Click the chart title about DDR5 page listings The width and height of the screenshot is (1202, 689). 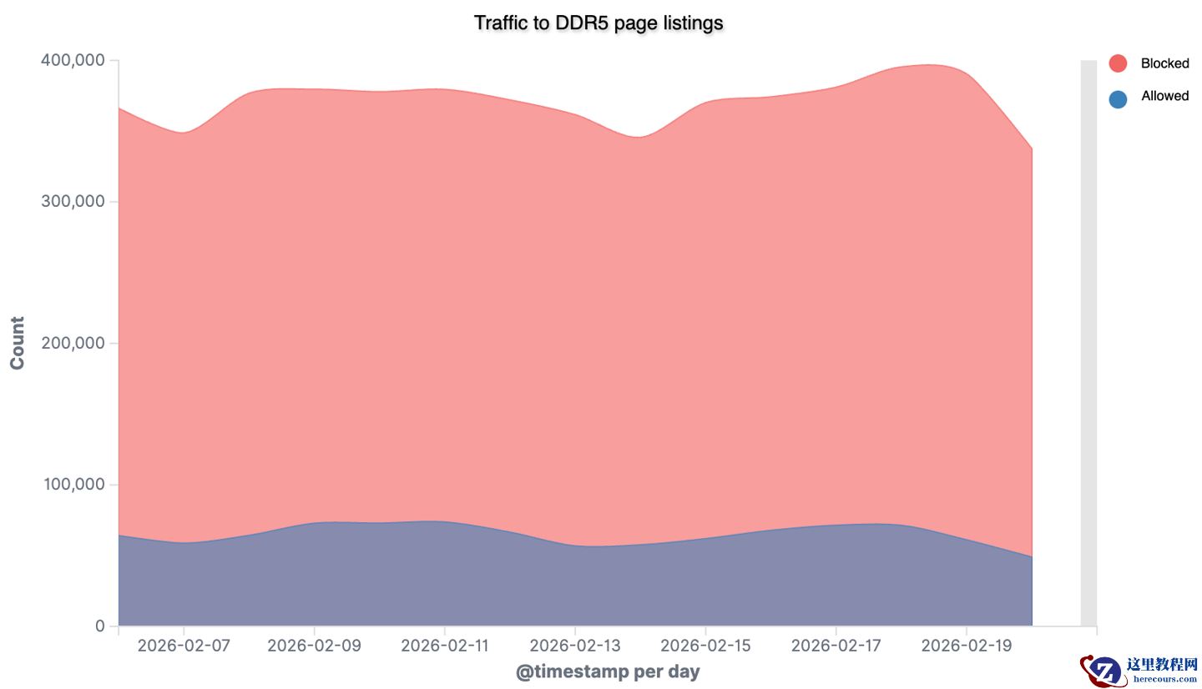click(598, 23)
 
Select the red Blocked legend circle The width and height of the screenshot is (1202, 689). click(1118, 63)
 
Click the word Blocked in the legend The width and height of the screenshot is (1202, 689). click(1164, 63)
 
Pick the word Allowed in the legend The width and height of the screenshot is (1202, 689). click(1164, 96)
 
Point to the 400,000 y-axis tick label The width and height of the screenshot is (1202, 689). click(73, 60)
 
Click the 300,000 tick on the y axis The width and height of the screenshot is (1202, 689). click(73, 202)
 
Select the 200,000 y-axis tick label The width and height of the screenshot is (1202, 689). click(73, 343)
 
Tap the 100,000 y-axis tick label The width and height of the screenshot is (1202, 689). click(73, 485)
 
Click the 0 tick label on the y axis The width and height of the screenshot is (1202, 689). click(100, 626)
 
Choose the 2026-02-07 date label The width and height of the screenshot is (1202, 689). click(184, 646)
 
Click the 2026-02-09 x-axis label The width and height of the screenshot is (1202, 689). click(314, 646)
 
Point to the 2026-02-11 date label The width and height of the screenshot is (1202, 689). click(444, 646)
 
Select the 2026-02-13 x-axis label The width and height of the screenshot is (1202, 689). click(575, 646)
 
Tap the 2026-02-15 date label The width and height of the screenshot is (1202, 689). click(705, 646)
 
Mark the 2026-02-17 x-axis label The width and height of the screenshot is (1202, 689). click(836, 646)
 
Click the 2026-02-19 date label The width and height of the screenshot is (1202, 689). click(966, 646)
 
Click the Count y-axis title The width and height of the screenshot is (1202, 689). click(18, 343)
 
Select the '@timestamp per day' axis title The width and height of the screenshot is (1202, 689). click(608, 671)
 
